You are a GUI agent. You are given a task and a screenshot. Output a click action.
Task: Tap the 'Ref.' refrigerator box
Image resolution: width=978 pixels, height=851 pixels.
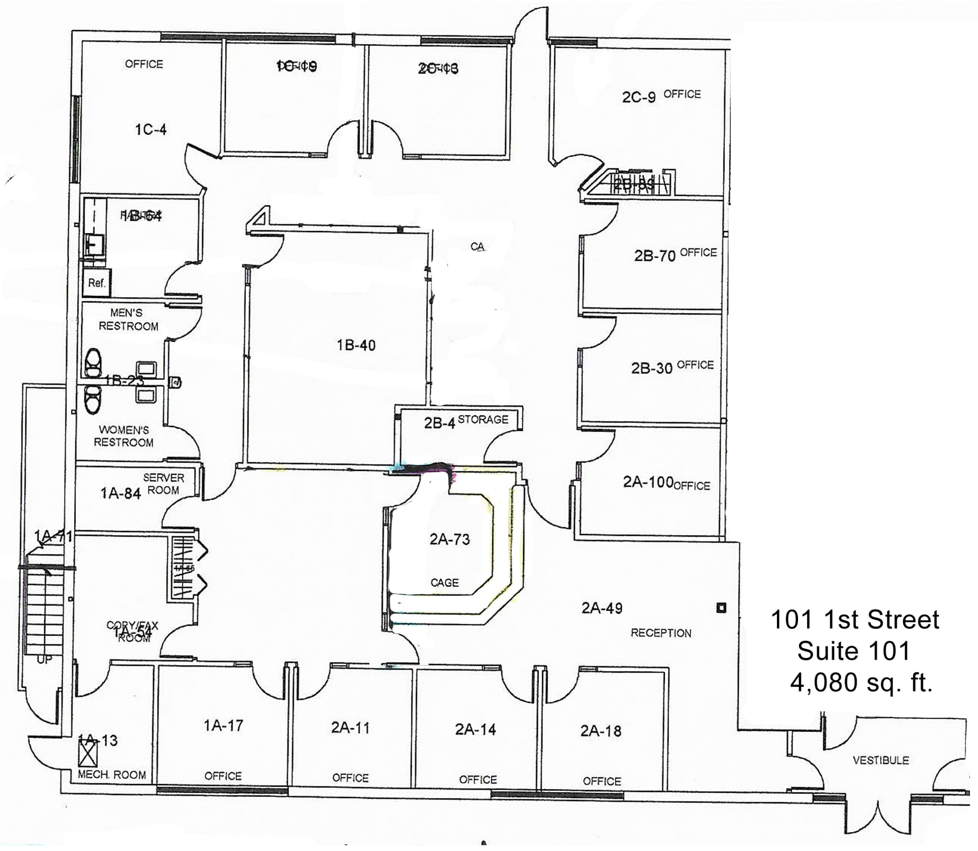click(96, 283)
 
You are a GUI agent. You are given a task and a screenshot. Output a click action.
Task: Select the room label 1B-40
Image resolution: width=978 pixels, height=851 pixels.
click(356, 345)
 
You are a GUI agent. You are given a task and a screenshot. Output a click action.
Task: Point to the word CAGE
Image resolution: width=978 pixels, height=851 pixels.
click(444, 583)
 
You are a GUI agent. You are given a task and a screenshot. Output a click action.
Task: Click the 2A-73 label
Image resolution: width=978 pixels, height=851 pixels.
click(449, 539)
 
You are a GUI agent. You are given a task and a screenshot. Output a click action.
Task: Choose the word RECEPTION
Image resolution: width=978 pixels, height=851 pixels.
click(661, 633)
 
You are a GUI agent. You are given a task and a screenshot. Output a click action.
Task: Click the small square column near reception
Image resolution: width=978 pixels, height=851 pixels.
click(721, 608)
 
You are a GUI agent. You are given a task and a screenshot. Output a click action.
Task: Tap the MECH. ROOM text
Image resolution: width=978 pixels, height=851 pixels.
click(112, 775)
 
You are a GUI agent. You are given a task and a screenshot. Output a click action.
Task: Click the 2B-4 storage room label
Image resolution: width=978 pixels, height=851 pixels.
click(439, 423)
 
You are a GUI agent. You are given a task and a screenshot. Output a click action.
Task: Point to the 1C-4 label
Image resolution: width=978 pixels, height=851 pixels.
click(150, 129)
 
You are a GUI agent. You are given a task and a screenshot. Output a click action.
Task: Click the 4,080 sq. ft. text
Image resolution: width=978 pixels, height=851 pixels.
click(861, 683)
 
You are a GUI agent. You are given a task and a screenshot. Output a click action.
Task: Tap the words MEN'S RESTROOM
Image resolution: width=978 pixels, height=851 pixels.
click(128, 319)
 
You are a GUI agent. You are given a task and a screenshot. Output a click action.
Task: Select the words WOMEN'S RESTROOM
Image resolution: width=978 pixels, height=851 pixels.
click(124, 436)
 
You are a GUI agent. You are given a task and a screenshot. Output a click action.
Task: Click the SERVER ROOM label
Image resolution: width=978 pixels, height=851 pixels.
click(163, 484)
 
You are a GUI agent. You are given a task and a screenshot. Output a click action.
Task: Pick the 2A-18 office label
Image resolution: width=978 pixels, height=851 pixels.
click(601, 731)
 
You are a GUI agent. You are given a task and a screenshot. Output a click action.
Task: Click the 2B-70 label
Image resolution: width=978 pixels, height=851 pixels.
click(654, 256)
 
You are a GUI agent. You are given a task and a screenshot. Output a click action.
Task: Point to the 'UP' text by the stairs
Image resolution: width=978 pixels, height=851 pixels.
click(44, 660)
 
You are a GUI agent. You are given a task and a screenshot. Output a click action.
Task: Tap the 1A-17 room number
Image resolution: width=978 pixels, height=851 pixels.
click(223, 726)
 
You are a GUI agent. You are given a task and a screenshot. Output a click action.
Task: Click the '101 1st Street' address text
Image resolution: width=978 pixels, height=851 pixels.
click(855, 620)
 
